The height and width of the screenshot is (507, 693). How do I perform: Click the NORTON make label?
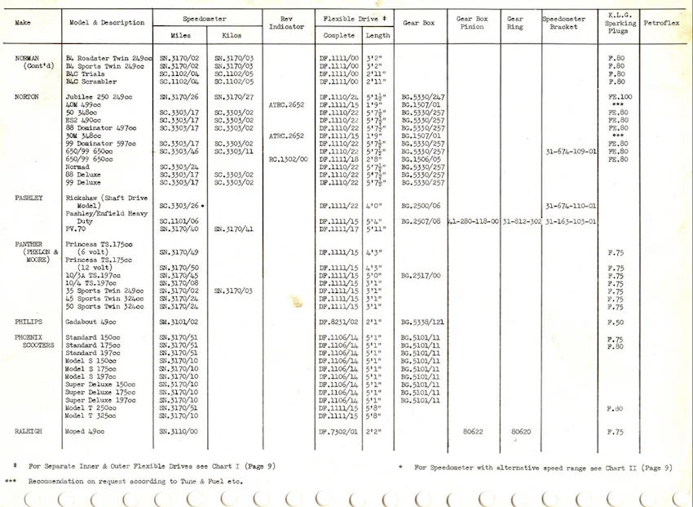point(28,96)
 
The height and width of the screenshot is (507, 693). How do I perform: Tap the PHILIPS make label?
point(29,322)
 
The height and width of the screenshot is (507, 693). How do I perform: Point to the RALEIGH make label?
point(29,430)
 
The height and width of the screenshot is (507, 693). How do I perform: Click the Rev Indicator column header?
point(287,22)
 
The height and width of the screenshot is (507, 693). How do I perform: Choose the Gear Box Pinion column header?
point(472,22)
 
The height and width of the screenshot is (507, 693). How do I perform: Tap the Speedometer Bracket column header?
point(564,22)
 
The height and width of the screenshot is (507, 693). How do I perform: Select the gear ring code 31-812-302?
point(522,221)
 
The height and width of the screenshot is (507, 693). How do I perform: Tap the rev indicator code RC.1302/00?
point(287,159)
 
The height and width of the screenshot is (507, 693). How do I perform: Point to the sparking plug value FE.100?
point(620,97)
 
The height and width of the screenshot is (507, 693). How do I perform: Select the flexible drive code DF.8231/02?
point(339,322)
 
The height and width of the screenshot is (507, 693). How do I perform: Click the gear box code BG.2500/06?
point(422,206)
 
